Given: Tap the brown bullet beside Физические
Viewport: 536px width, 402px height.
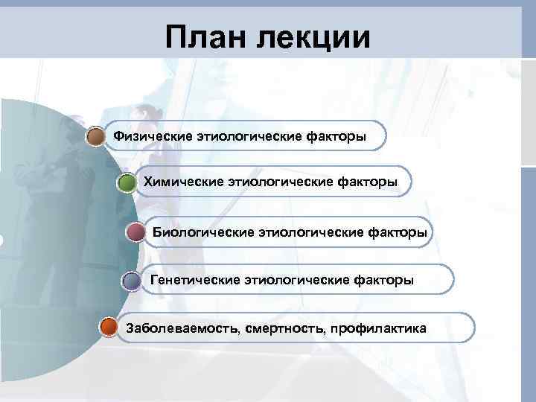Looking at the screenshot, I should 95,137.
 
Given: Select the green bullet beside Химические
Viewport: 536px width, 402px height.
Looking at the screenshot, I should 127,183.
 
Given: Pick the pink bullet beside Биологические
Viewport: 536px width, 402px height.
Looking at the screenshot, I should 135,233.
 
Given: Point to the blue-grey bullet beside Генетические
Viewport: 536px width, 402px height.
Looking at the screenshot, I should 131,281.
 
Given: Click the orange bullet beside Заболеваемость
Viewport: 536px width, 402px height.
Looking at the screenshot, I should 109,328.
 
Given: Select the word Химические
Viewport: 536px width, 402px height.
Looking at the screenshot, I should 182,180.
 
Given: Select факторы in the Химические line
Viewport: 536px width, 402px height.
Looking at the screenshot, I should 368,181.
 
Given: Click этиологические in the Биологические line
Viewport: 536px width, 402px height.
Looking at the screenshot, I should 310,232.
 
